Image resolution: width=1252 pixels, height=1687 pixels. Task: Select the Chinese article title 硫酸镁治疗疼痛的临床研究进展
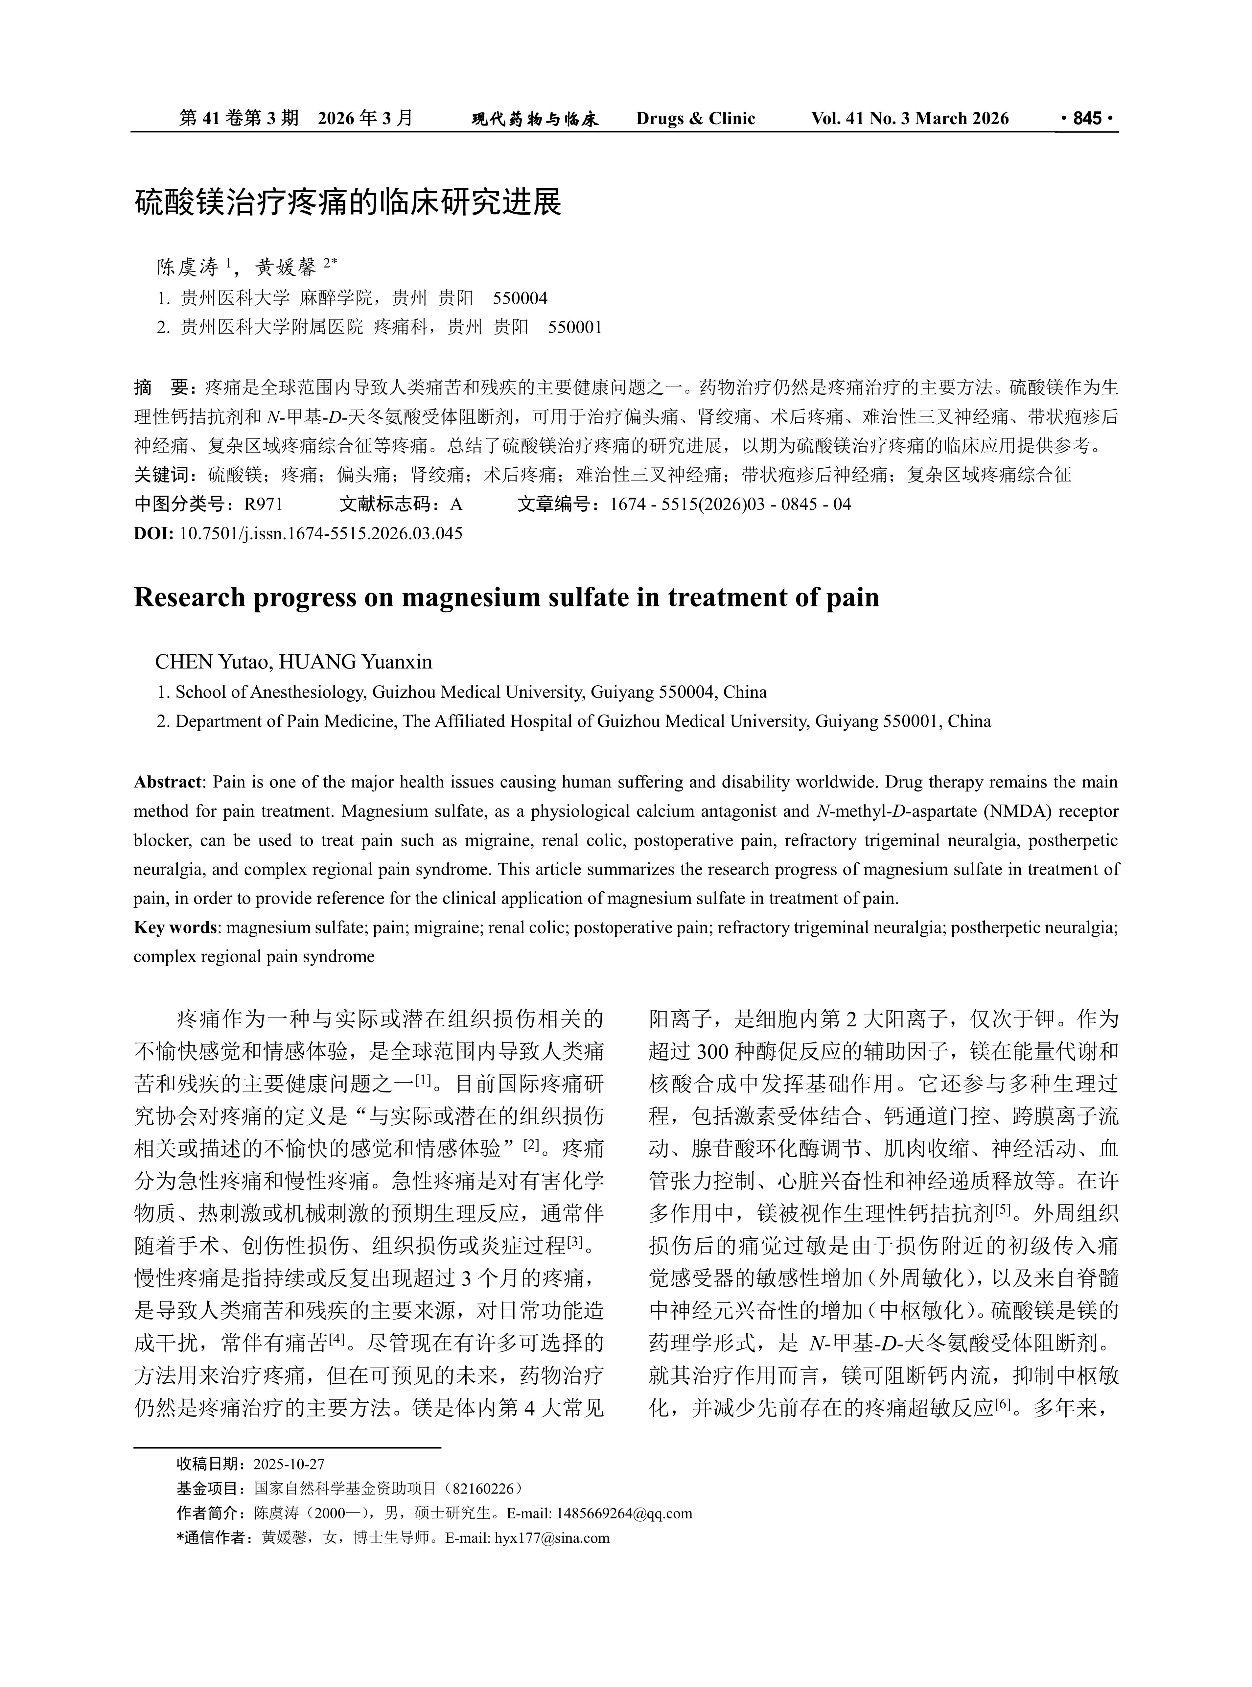coord(348,203)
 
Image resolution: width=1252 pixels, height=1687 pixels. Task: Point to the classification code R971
coord(263,504)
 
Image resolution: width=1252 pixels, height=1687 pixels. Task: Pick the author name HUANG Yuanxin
coord(356,662)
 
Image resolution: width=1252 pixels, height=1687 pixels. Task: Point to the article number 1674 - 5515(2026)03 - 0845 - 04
coord(730,504)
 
